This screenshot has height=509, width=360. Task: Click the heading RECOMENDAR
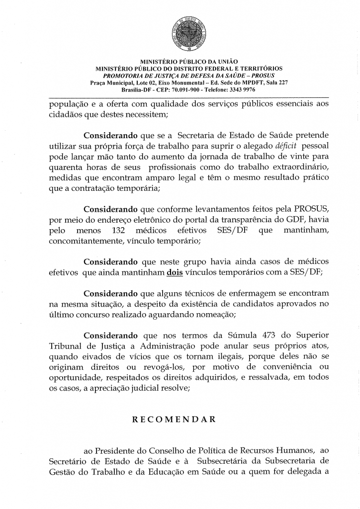174,419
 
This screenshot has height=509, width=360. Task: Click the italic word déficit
285,146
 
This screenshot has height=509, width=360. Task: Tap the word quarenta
66,167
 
